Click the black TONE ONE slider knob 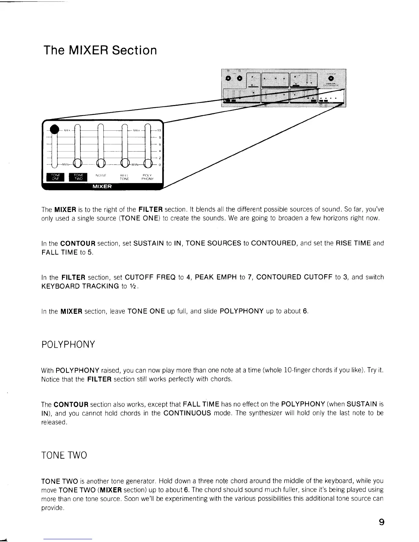pyautogui.click(x=54, y=129)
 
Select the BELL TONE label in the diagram pyautogui.click(x=124, y=177)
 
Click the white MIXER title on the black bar pyautogui.click(x=102, y=186)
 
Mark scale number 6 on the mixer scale pyautogui.click(x=160, y=144)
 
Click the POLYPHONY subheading pyautogui.click(x=68, y=344)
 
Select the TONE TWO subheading pyautogui.click(x=64, y=455)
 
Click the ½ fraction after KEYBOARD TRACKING pyautogui.click(x=134, y=286)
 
